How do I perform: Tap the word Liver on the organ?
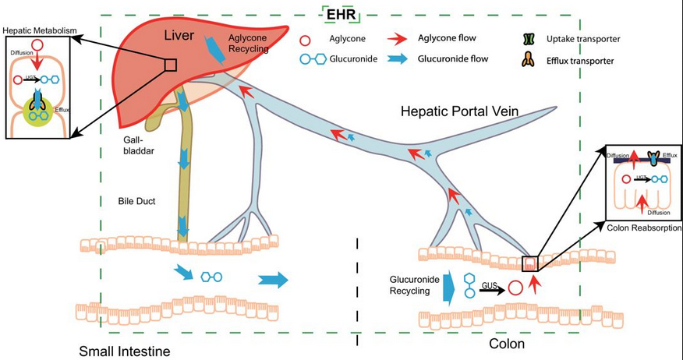pyautogui.click(x=180, y=36)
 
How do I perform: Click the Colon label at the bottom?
pyautogui.click(x=505, y=342)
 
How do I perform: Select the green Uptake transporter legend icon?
pyautogui.click(x=531, y=38)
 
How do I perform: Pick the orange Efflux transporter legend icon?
pyautogui.click(x=531, y=59)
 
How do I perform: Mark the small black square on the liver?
pyautogui.click(x=171, y=65)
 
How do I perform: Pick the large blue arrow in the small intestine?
pyautogui.click(x=272, y=280)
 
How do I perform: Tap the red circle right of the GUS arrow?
pyautogui.click(x=515, y=287)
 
